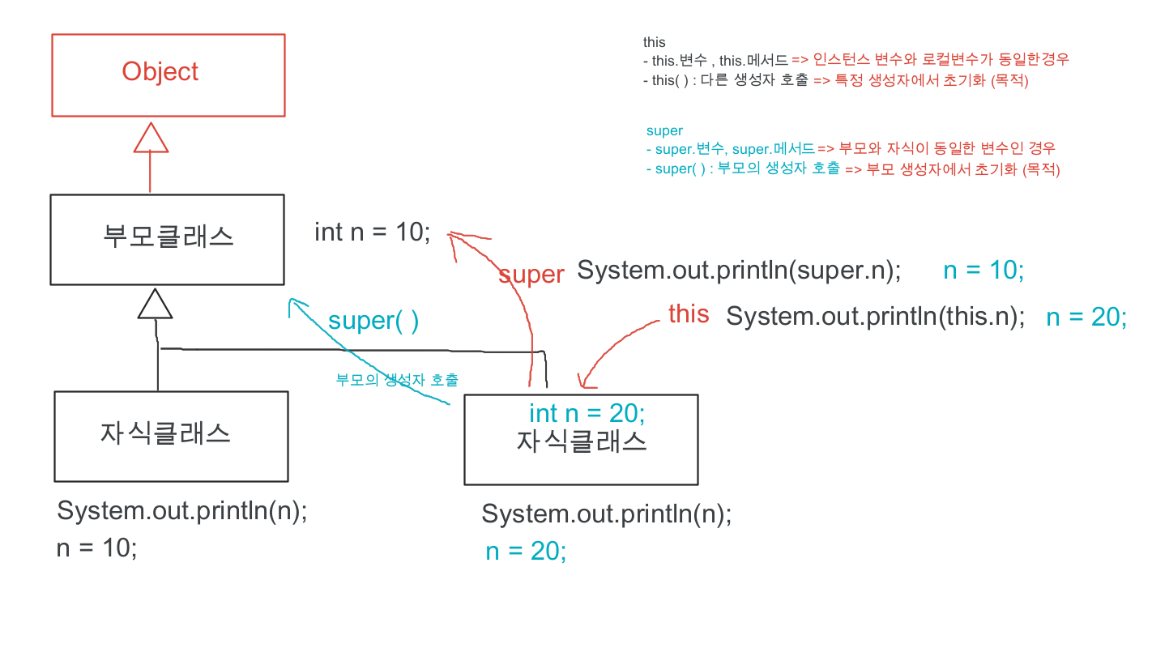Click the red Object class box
tap(169, 75)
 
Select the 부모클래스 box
tap(167, 239)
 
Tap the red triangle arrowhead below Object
tap(151, 138)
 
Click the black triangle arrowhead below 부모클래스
tap(155, 304)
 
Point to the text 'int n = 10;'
tap(373, 232)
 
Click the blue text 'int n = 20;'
tap(587, 414)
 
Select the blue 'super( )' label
tap(373, 321)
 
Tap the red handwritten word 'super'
tap(531, 275)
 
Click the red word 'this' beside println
tap(689, 314)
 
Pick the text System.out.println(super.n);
tap(739, 271)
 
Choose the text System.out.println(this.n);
tap(875, 317)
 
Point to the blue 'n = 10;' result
tap(983, 271)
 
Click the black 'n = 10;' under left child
tap(96, 548)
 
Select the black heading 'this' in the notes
tap(654, 42)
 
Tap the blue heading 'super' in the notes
tap(664, 130)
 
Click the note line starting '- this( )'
tap(835, 81)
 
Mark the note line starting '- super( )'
tap(853, 169)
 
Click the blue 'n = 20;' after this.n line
tap(1086, 318)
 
